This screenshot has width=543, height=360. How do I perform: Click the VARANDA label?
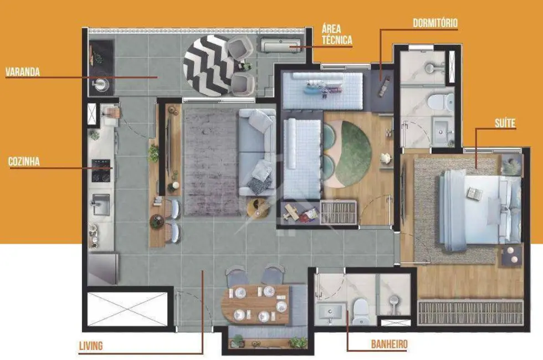pyautogui.click(x=23, y=72)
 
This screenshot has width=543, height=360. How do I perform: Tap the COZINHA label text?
pyautogui.click(x=23, y=162)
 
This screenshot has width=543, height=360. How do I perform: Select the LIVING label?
pyautogui.click(x=90, y=346)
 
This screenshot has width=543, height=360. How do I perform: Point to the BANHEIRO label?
pyautogui.click(x=389, y=344)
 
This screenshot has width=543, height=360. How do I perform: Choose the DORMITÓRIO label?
pyautogui.click(x=436, y=23)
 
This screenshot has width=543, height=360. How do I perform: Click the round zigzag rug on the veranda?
pyautogui.click(x=208, y=65)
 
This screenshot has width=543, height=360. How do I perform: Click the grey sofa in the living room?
pyautogui.click(x=256, y=152)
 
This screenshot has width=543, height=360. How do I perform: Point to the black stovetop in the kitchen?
pyautogui.click(x=101, y=171)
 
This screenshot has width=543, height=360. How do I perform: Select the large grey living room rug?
pyautogui.click(x=211, y=161)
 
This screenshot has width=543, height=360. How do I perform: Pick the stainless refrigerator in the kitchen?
pyautogui.click(x=102, y=269)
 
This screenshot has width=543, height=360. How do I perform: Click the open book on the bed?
pyautogui.click(x=474, y=194)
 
